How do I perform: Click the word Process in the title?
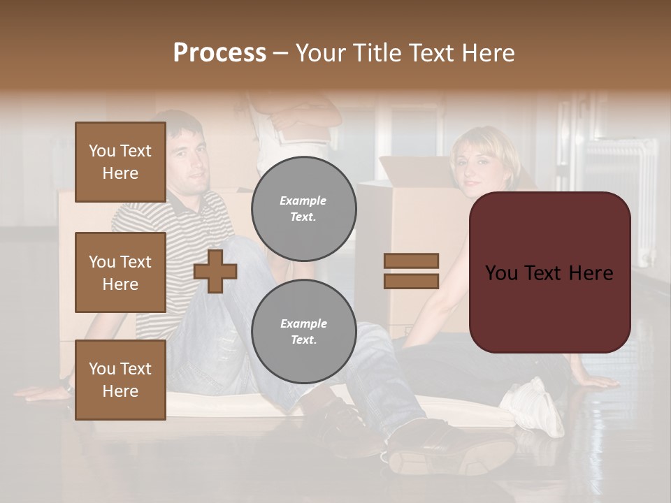tap(219, 53)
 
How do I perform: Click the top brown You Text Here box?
tap(120, 162)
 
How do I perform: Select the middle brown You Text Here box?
tap(120, 272)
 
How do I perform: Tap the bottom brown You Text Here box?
tap(120, 380)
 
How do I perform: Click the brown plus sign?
tap(215, 271)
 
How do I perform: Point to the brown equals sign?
tap(411, 271)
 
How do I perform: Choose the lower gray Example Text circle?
tap(303, 331)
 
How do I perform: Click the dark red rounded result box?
tap(549, 272)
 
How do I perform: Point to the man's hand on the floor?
tap(38, 393)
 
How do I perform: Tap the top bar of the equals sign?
tap(411, 261)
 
